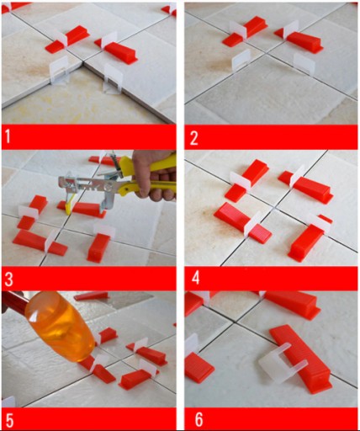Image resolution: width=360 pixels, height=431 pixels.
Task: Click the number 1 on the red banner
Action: tap(8, 137)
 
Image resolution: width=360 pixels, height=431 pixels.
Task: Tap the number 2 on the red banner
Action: tap(194, 138)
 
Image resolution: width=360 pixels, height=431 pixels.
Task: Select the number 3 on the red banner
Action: tap(9, 279)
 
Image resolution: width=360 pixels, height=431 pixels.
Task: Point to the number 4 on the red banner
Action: tap(195, 278)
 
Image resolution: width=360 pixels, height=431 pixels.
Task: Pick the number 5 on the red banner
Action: tap(9, 420)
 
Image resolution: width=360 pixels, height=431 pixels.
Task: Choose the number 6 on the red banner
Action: tap(199, 420)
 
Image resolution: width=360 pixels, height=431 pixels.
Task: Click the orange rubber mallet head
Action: tap(60, 326)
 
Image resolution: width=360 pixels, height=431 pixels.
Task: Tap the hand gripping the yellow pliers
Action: tap(153, 175)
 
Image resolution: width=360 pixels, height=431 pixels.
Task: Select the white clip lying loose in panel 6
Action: tap(282, 364)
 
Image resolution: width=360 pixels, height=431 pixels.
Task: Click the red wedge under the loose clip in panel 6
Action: tap(301, 359)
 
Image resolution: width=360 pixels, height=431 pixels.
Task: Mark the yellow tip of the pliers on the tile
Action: tap(70, 205)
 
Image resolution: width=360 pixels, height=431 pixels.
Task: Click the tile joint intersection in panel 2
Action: tap(264, 51)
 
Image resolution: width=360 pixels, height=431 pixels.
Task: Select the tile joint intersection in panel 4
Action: tap(275, 209)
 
